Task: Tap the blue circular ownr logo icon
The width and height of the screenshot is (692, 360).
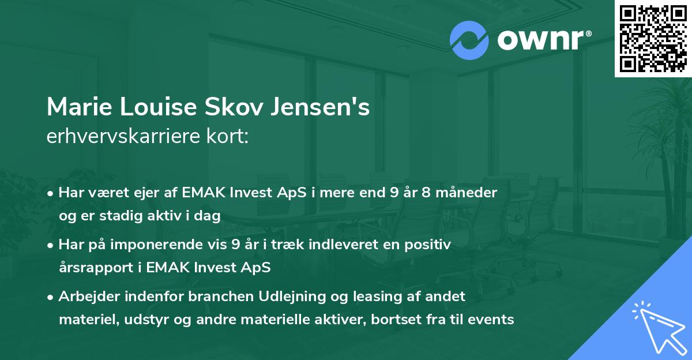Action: click(469, 40)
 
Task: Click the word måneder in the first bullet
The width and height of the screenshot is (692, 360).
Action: click(468, 193)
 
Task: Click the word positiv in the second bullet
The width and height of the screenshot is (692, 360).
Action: click(430, 245)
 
